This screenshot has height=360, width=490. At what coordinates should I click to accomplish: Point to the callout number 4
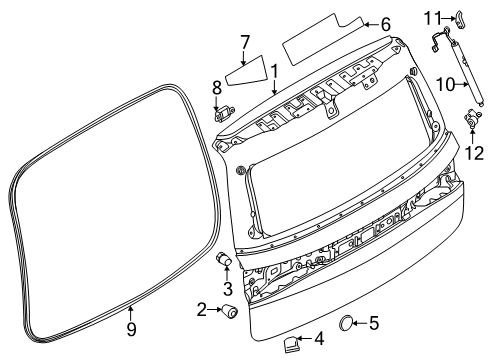(319, 338)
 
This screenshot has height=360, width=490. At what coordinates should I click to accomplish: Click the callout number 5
(374, 322)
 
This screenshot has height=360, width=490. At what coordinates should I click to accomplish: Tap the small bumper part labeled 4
(291, 344)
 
